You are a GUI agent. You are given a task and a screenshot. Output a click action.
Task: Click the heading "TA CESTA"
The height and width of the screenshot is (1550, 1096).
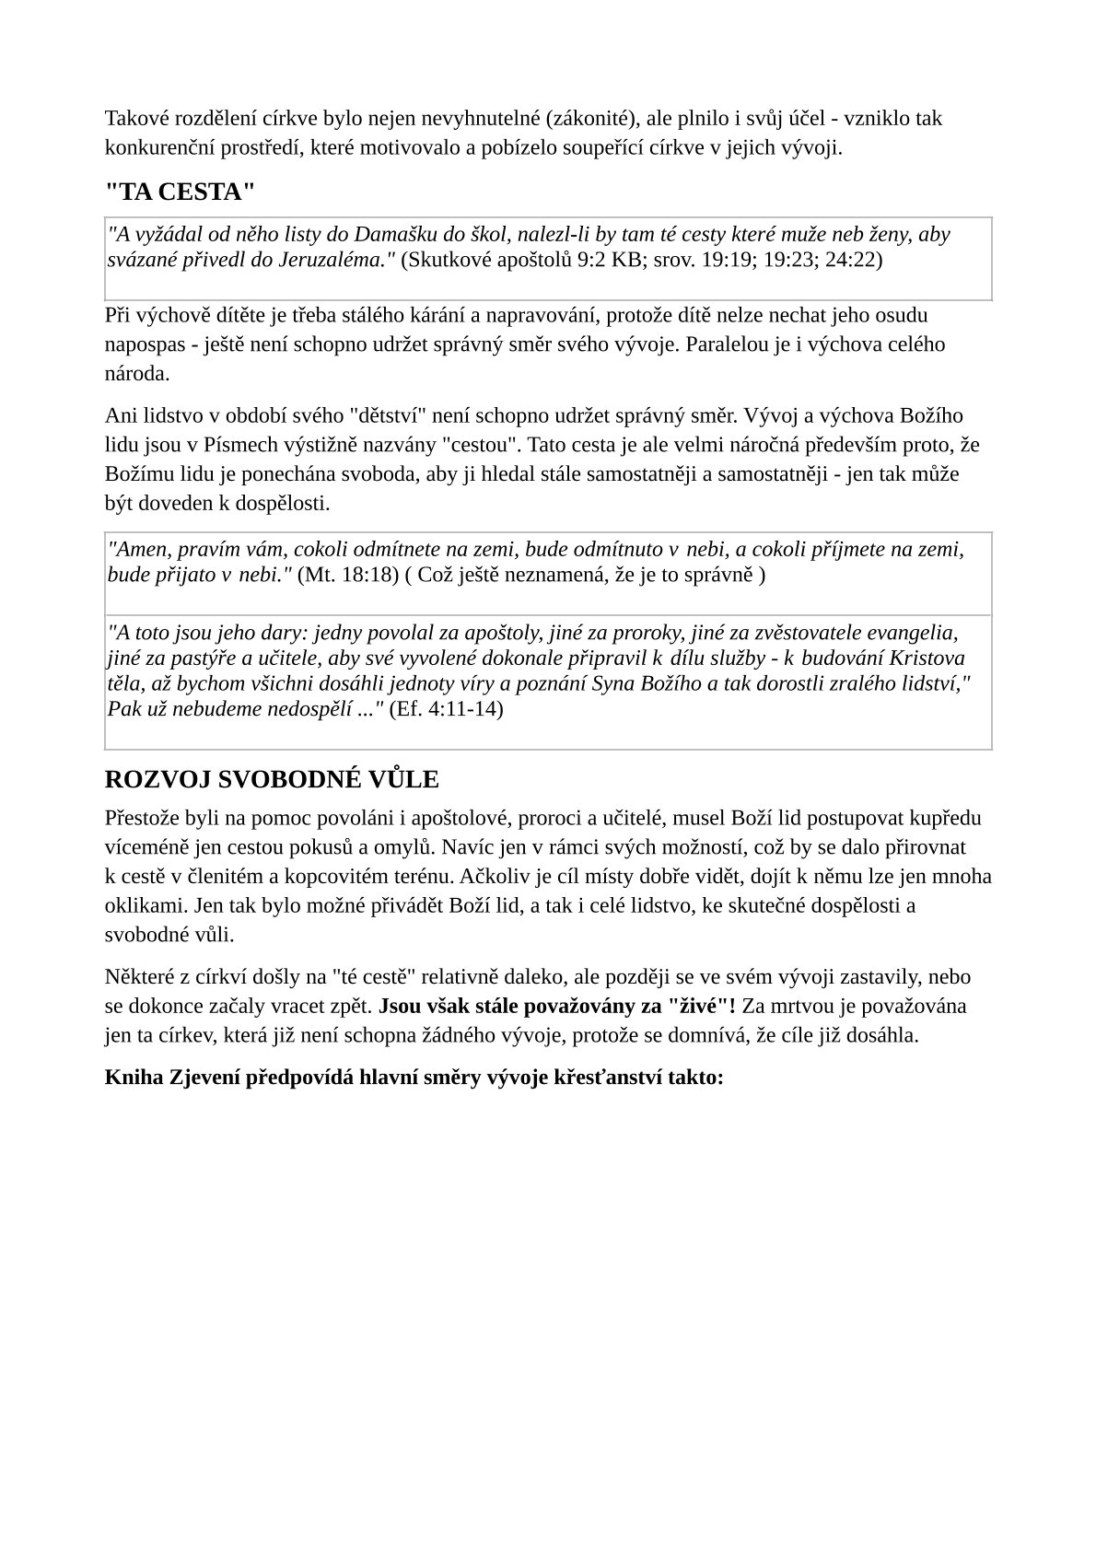point(180,192)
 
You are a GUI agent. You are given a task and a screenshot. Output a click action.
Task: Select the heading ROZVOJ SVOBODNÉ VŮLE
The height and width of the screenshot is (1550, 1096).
point(272,779)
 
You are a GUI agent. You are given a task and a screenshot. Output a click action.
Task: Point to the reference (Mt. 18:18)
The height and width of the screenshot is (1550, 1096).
point(348,575)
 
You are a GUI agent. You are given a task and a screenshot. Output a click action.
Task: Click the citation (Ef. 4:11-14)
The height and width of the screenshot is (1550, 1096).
point(447,709)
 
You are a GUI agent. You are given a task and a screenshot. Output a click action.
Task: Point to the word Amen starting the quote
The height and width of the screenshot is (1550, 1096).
point(139,550)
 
